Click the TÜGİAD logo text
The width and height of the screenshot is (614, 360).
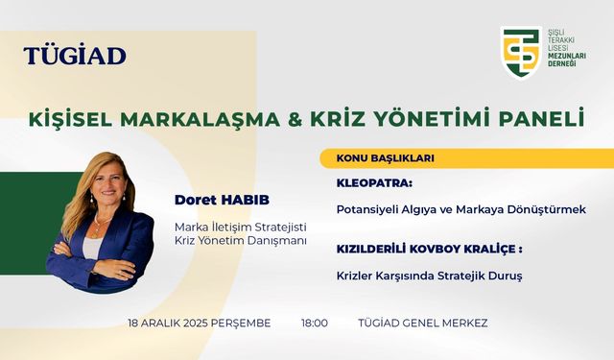pyautogui.click(x=75, y=55)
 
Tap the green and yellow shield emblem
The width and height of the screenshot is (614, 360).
pyautogui.click(x=521, y=52)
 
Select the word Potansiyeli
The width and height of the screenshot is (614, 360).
pyautogui.click(x=370, y=208)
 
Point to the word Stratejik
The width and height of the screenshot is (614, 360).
pyautogui.click(x=455, y=276)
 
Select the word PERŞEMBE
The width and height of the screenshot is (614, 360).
pyautogui.click(x=244, y=324)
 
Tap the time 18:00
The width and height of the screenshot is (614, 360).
pyautogui.click(x=315, y=324)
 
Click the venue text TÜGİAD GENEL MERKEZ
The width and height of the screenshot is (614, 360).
pyautogui.click(x=422, y=324)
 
